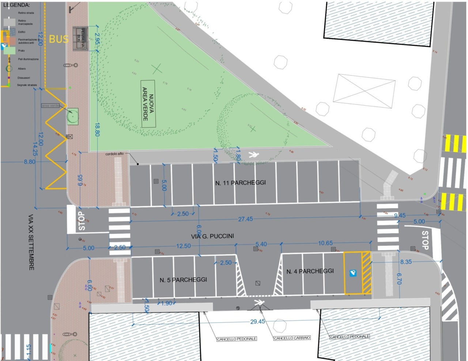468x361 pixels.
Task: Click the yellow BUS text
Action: tap(59, 39)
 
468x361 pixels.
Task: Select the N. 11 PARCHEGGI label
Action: tap(241, 183)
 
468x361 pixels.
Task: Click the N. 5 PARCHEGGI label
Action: tap(183, 280)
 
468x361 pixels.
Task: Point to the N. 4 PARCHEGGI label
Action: tap(310, 271)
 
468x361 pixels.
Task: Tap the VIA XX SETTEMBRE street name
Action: tap(31, 242)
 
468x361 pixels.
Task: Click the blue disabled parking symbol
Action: tap(353, 273)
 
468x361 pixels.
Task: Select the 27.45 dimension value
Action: tap(245, 219)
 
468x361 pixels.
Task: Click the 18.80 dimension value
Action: tap(97, 129)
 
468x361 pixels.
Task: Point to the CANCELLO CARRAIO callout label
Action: tap(292, 338)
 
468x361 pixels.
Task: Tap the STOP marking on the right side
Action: tap(425, 240)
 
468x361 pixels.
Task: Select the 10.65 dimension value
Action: tap(325, 243)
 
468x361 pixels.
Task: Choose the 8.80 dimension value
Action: tap(30, 161)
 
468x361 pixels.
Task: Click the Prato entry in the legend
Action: tap(21, 51)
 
